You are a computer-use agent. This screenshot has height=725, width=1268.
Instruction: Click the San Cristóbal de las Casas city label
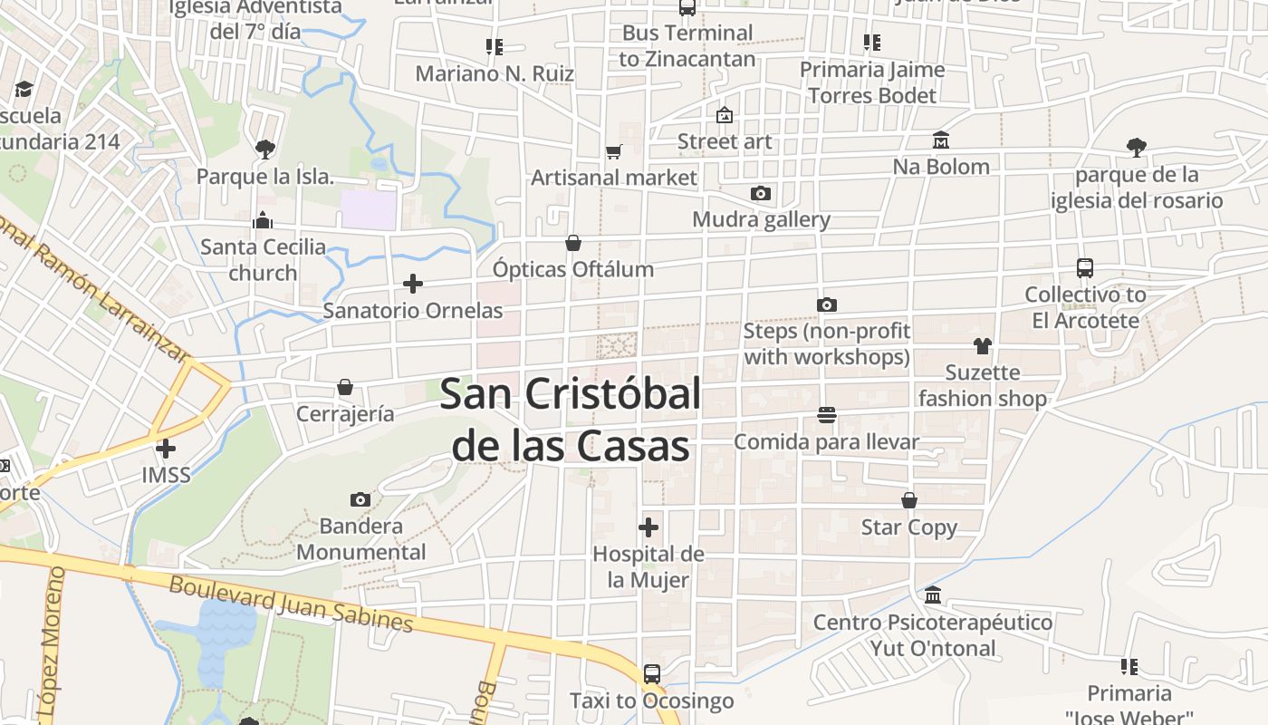pos(571,420)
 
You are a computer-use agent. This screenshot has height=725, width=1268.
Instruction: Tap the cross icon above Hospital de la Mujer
pos(648,527)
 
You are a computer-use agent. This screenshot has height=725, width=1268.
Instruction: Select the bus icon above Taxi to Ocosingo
pos(651,674)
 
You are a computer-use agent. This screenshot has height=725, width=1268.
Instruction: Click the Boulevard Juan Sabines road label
pos(292,604)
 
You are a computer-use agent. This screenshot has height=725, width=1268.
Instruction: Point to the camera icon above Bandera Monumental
pos(360,499)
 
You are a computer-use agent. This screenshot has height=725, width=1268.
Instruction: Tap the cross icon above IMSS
pos(166,448)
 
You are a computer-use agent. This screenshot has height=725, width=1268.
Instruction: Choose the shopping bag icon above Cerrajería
pos(345,388)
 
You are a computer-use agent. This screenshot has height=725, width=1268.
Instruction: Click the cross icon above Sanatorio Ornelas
pos(413,284)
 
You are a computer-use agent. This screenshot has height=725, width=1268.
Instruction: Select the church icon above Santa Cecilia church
pos(263,220)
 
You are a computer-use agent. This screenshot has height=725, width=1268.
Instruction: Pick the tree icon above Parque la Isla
pos(265,149)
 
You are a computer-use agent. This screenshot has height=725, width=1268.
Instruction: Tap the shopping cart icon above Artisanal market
pos(614,151)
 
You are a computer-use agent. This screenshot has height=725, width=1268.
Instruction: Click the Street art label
pos(725,141)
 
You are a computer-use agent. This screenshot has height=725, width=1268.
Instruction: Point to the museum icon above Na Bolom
pos(941,140)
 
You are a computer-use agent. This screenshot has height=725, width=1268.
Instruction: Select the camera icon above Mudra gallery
pos(761,193)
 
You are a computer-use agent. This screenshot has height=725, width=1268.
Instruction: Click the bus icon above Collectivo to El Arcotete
pos(1085,268)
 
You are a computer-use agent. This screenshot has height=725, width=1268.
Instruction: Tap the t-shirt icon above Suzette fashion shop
pos(983,345)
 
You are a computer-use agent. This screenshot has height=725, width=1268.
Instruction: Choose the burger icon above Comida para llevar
pos(826,415)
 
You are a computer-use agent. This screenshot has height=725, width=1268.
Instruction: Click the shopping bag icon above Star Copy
pos(909,500)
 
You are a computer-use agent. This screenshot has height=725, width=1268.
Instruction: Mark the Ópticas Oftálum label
pos(572,269)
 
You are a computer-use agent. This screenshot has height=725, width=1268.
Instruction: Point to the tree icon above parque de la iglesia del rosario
pos(1137,147)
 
